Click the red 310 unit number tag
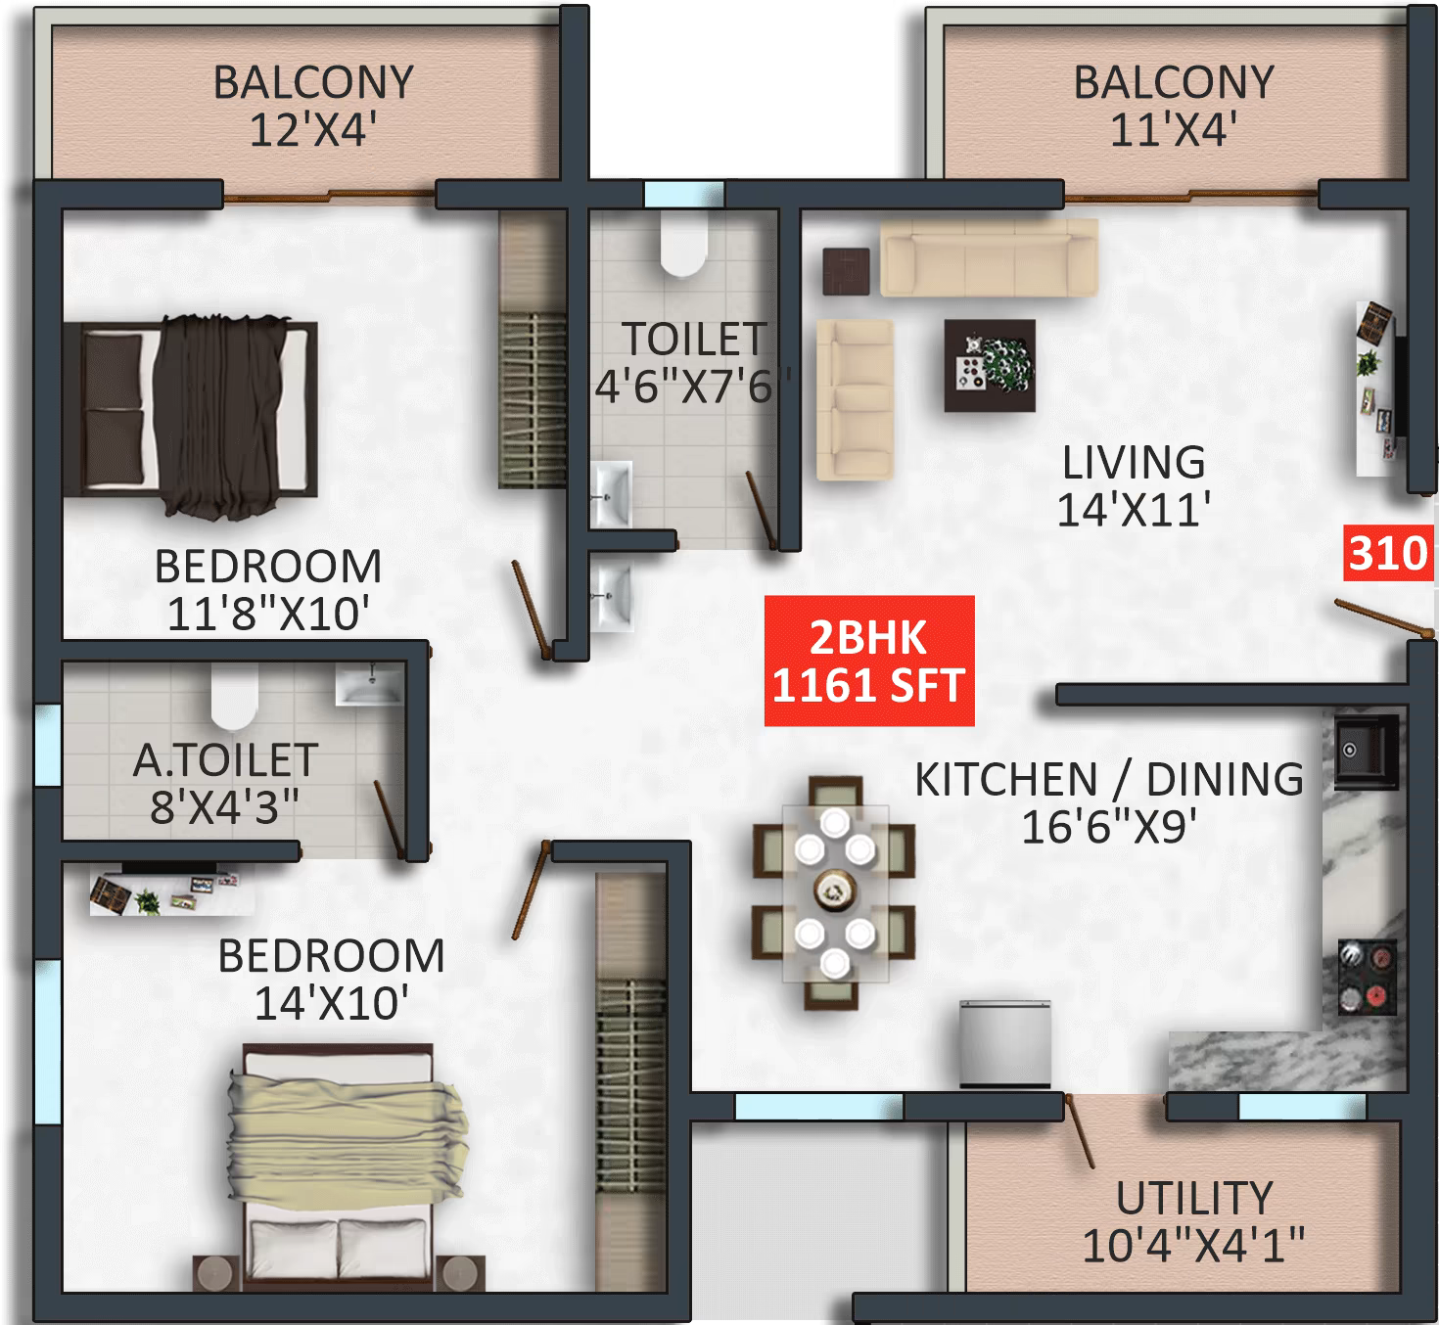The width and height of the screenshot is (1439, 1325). (x=1387, y=554)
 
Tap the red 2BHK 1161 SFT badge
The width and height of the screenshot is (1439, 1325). (x=868, y=662)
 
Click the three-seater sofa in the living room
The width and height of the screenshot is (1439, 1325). (x=988, y=256)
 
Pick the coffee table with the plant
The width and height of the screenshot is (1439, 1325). (x=990, y=365)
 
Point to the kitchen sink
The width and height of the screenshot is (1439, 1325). (x=1366, y=752)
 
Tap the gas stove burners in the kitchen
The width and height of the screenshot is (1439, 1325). (x=1367, y=976)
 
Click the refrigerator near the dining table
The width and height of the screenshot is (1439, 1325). (x=1004, y=1043)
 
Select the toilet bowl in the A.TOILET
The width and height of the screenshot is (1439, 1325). (x=234, y=697)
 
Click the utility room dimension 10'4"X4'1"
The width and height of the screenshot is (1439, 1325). (x=1193, y=1246)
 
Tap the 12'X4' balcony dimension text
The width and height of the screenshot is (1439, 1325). (x=313, y=129)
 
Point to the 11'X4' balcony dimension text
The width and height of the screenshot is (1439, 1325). (x=1173, y=129)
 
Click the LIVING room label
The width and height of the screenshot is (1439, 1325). (x=1134, y=462)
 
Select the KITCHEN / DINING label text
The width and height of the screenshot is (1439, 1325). (x=1108, y=780)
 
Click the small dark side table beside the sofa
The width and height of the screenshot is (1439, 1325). (x=846, y=271)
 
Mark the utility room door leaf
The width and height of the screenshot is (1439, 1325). (x=1080, y=1131)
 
